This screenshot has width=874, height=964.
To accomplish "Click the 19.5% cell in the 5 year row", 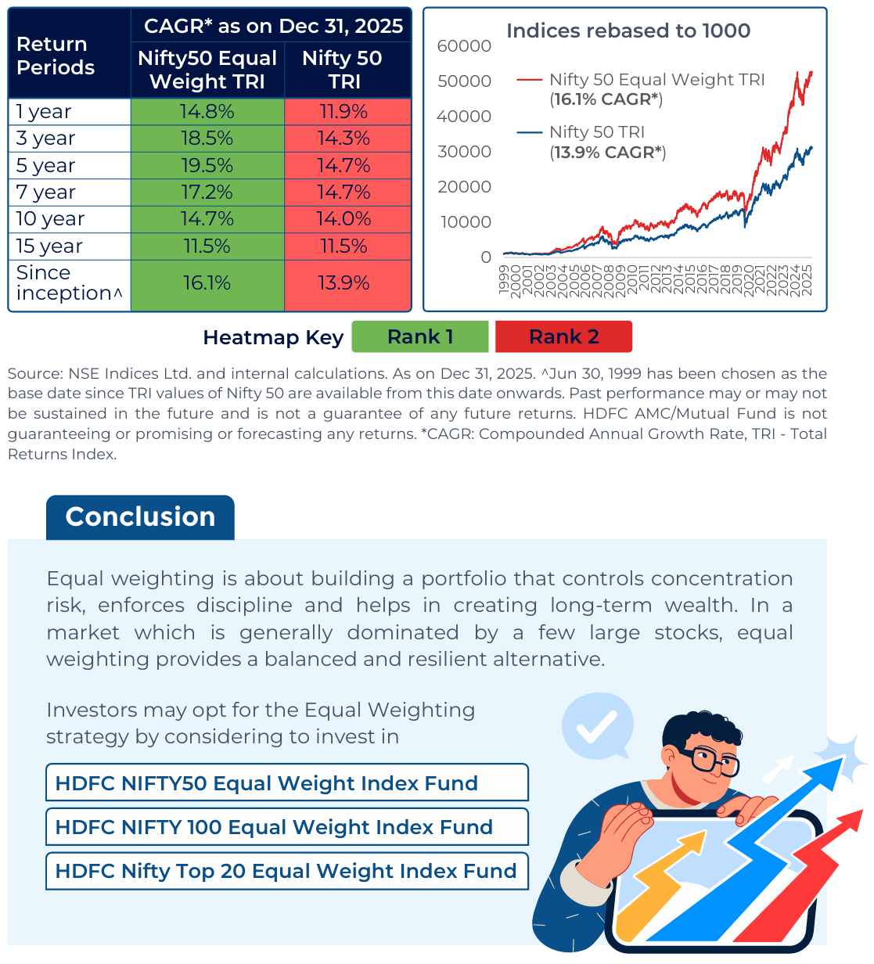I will point(207,166).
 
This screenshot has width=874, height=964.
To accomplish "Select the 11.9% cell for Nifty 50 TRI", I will point(344,112).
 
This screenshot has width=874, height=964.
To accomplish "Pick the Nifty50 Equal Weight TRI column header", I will point(207,70).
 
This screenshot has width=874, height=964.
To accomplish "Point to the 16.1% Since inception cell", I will point(207,283).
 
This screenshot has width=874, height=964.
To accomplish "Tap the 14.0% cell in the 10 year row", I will point(344,219).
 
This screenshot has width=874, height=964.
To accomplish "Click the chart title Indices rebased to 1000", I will point(628,31).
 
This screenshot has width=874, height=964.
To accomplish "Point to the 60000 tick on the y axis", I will point(464,46).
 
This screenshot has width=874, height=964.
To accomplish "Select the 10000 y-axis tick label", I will point(466,222).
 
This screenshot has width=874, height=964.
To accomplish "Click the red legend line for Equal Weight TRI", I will point(530,80).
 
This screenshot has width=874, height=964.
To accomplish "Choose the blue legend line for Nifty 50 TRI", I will point(530,132).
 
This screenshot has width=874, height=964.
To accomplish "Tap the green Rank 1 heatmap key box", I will point(420,337).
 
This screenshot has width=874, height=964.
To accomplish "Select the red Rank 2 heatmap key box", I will point(563,337).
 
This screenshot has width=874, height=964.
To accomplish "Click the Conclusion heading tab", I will point(140,517).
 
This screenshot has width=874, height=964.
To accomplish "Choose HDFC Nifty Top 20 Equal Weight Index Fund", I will point(286,871).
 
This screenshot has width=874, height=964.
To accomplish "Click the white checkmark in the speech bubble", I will point(597,728).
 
